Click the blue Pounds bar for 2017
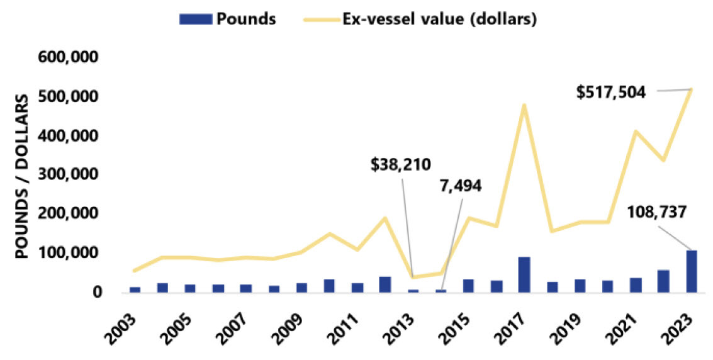click(x=524, y=274)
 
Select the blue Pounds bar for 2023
click(x=692, y=271)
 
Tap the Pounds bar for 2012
click(x=385, y=284)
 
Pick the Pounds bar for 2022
click(x=663, y=281)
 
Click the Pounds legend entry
click(x=227, y=19)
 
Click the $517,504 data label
click(x=610, y=92)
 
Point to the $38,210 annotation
click(x=401, y=165)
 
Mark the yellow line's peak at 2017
click(x=524, y=104)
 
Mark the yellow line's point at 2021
click(x=636, y=131)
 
